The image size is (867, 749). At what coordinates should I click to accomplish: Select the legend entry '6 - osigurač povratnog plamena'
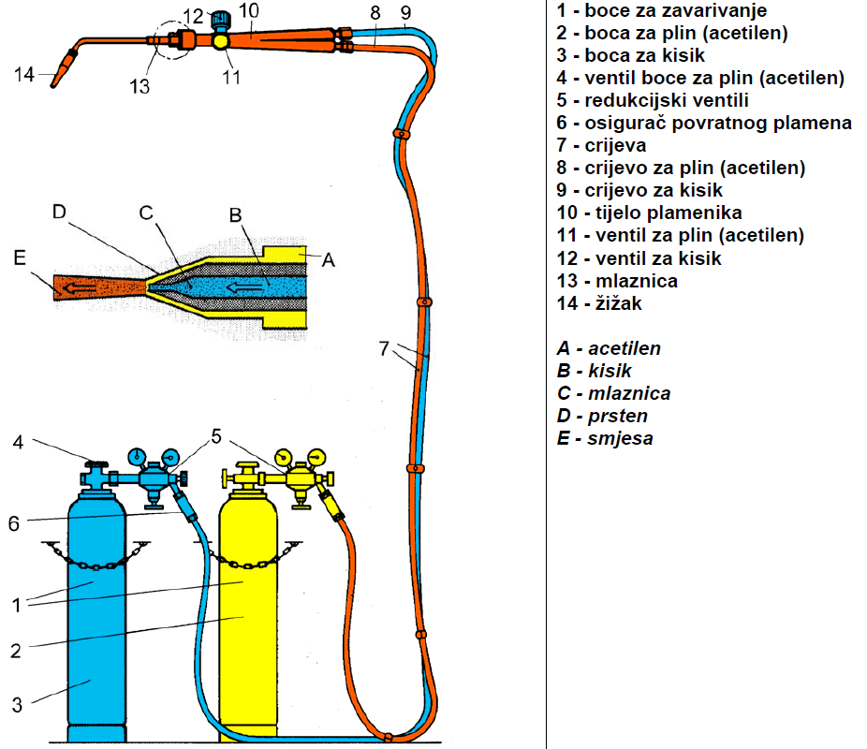point(703,123)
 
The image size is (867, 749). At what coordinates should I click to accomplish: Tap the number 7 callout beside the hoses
point(384,348)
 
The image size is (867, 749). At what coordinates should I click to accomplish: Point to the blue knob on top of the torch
point(223,19)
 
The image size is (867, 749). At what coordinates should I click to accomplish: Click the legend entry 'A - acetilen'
point(609,348)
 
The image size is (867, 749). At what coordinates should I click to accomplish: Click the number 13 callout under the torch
point(140,87)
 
